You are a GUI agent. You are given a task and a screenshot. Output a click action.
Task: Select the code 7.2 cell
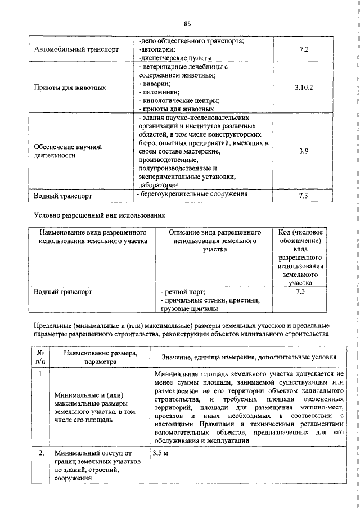[304, 49]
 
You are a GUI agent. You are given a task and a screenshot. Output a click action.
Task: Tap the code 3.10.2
[304, 88]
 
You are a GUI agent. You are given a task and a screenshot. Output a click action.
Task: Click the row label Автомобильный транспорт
[76, 49]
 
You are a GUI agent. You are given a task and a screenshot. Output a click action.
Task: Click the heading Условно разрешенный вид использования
[99, 214]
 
